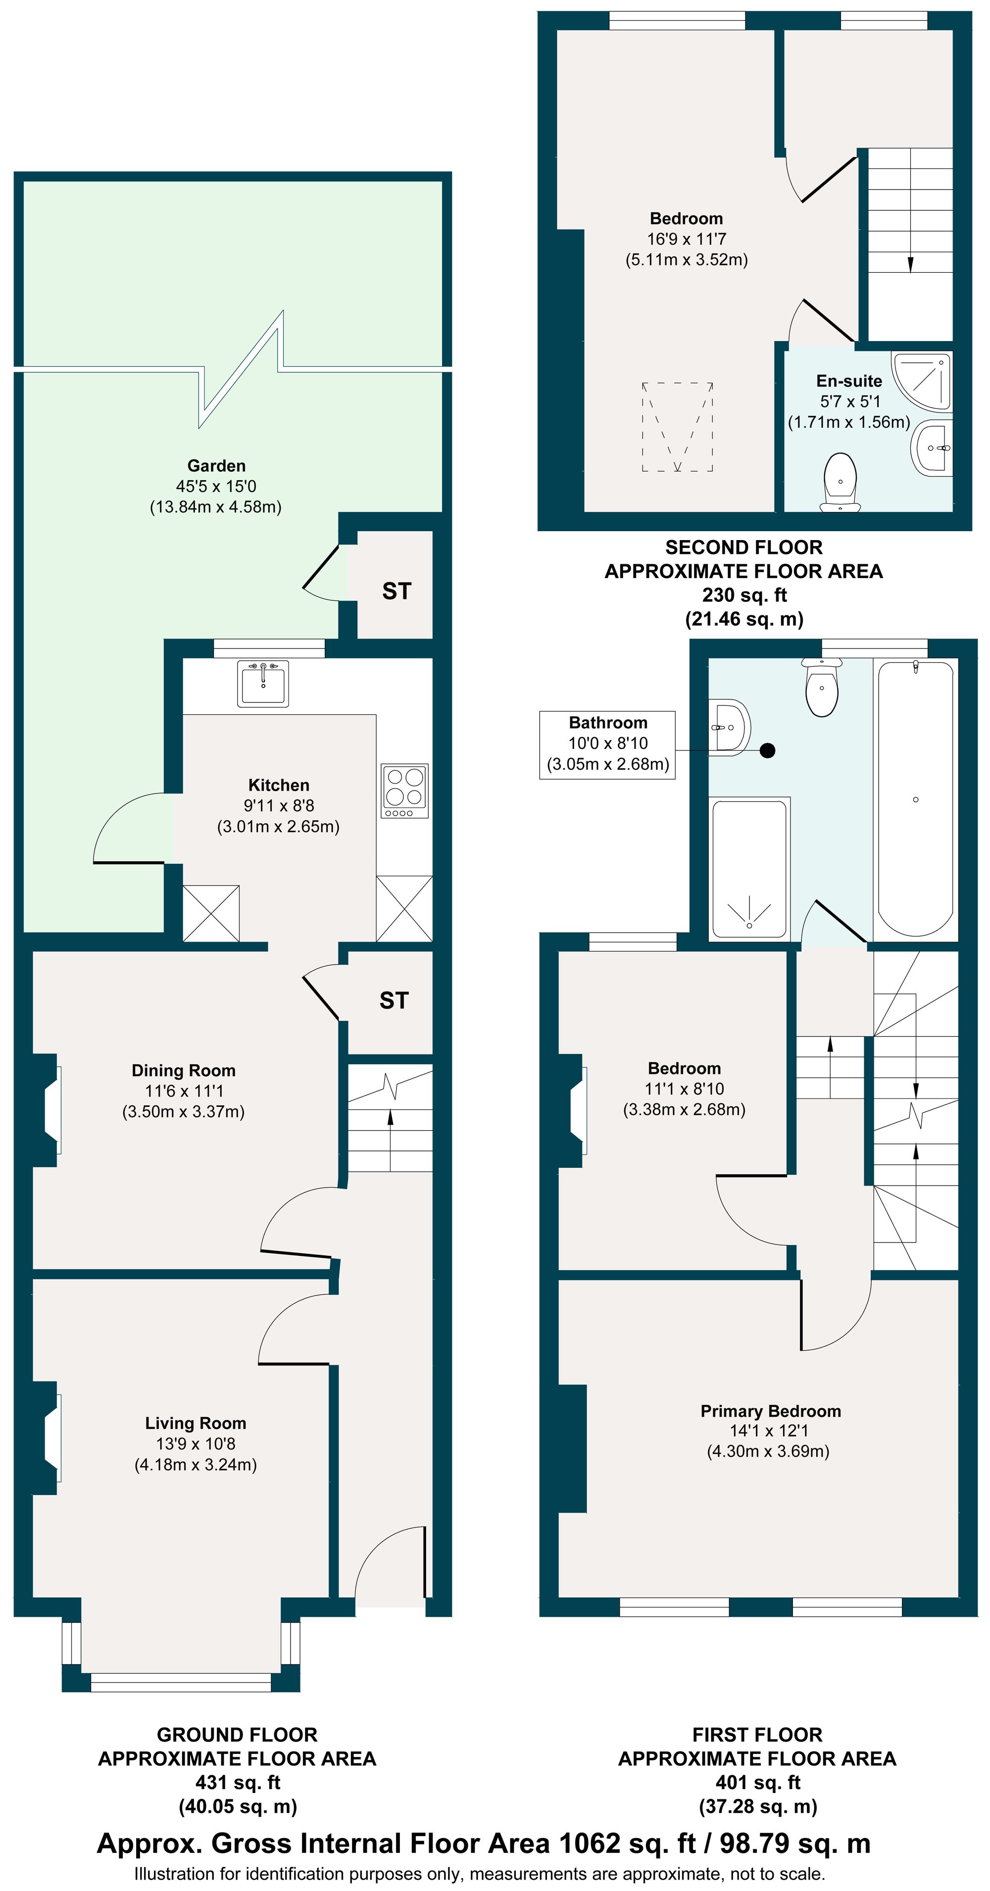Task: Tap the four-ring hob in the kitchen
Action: pos(404,791)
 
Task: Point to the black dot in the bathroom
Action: pos(767,750)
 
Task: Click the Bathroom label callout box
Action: pos(607,744)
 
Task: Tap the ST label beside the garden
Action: pos(396,591)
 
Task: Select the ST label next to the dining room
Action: pos(394,1000)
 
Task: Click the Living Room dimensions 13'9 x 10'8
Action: pos(195,1443)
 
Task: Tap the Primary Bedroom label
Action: pos(770,1410)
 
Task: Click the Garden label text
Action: pos(216,465)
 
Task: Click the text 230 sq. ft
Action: pos(743,595)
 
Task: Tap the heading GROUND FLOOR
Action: pos(237,1734)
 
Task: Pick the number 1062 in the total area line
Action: pos(590,1842)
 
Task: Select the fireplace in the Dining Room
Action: pos(50,1110)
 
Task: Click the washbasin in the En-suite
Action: pos(933,447)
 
